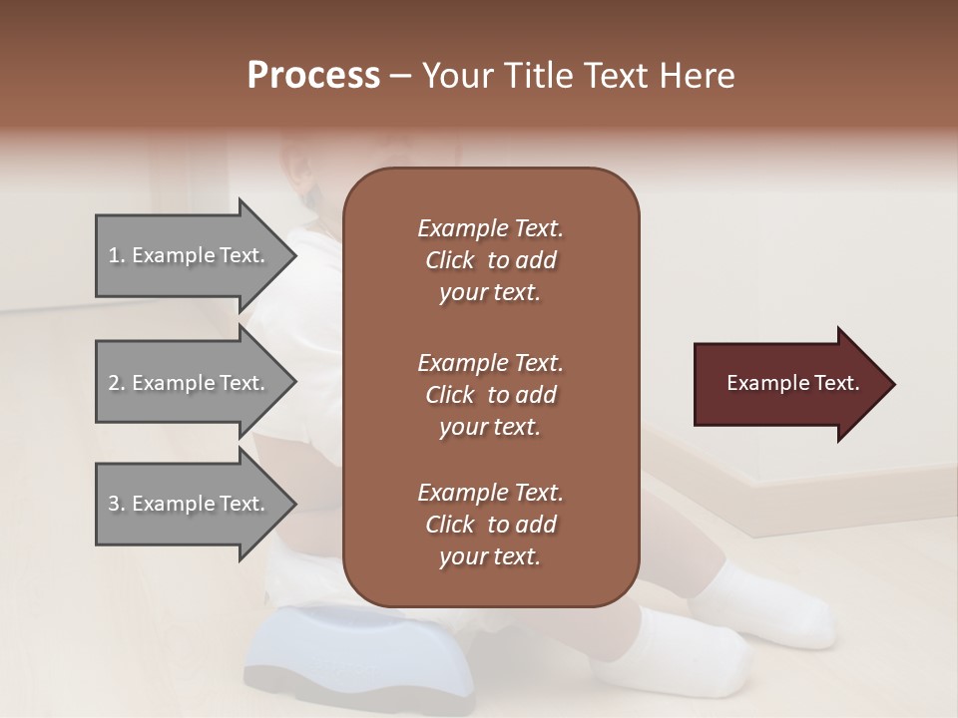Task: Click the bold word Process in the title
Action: pos(313,76)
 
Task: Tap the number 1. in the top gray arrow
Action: pos(117,255)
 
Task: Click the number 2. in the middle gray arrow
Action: pos(117,383)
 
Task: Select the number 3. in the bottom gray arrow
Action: pos(117,504)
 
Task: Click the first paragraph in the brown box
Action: pos(490,260)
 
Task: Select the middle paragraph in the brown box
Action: pos(490,395)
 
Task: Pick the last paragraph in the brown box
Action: pos(490,525)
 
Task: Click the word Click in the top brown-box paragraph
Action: pos(450,260)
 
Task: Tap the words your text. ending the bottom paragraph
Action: pos(489,557)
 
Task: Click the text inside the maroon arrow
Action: pos(793,383)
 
